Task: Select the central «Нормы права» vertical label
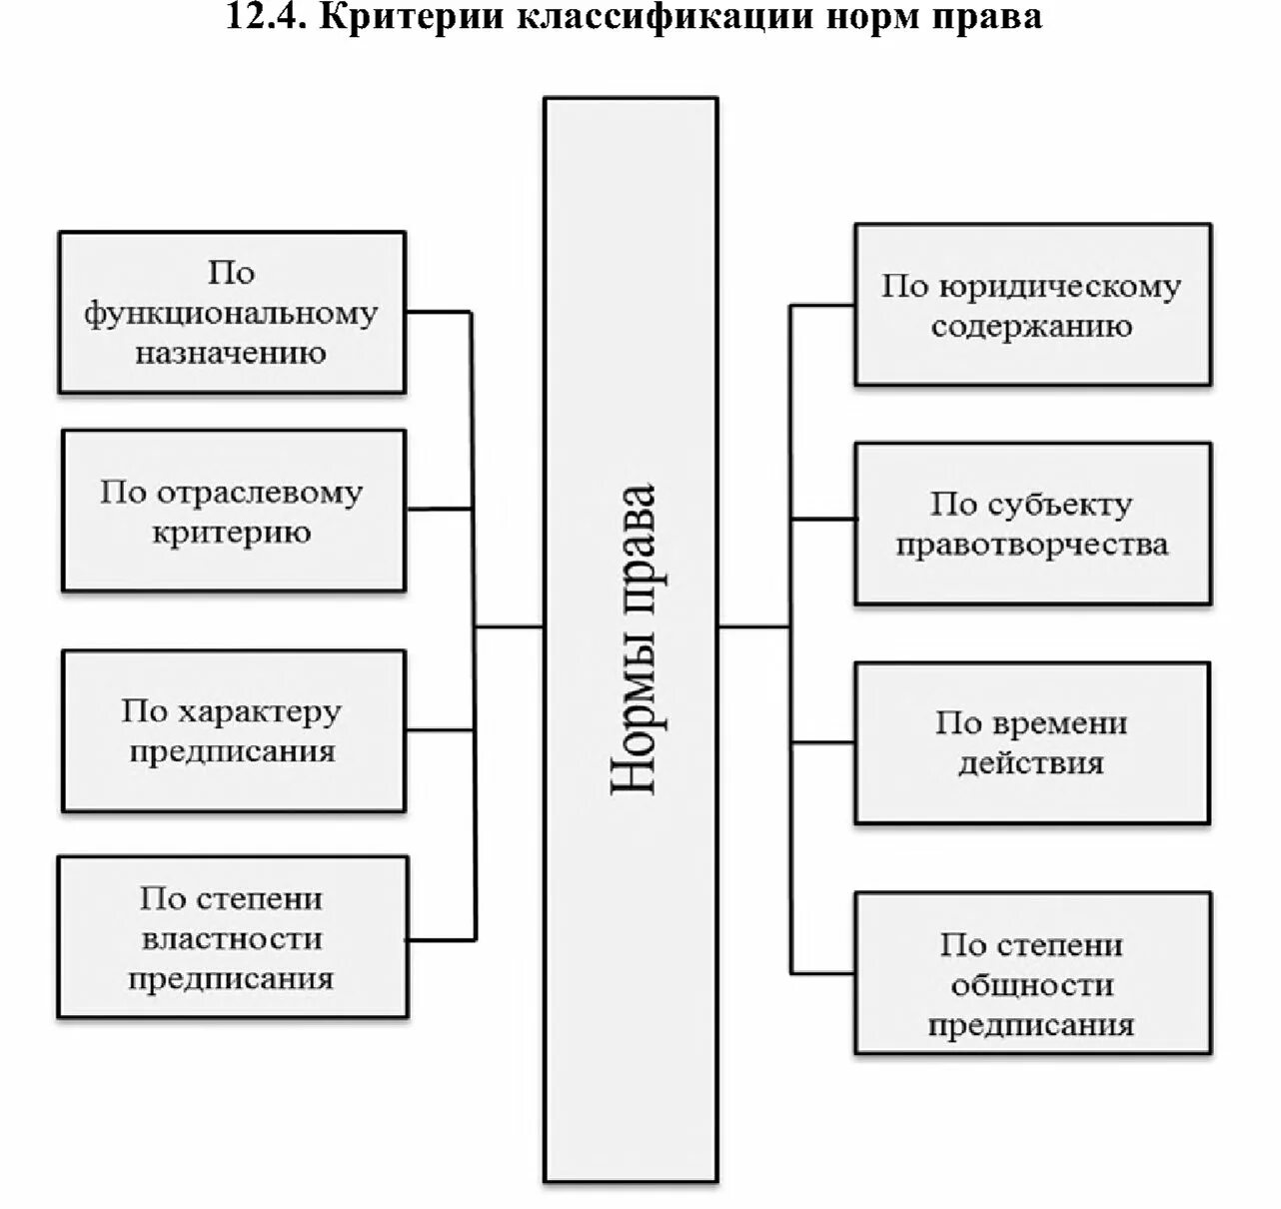point(632,639)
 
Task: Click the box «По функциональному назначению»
point(232,313)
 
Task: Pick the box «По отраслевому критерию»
point(233,511)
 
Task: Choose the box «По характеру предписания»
point(233,730)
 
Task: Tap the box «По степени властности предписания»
point(232,937)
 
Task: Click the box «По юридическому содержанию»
point(1032,305)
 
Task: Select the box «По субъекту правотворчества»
point(1032,524)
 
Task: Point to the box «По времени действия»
point(1032,742)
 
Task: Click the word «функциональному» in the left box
point(231,314)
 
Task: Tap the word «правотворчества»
point(1032,545)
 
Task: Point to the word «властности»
point(232,938)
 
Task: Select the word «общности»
point(1032,985)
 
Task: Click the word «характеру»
point(259,711)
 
